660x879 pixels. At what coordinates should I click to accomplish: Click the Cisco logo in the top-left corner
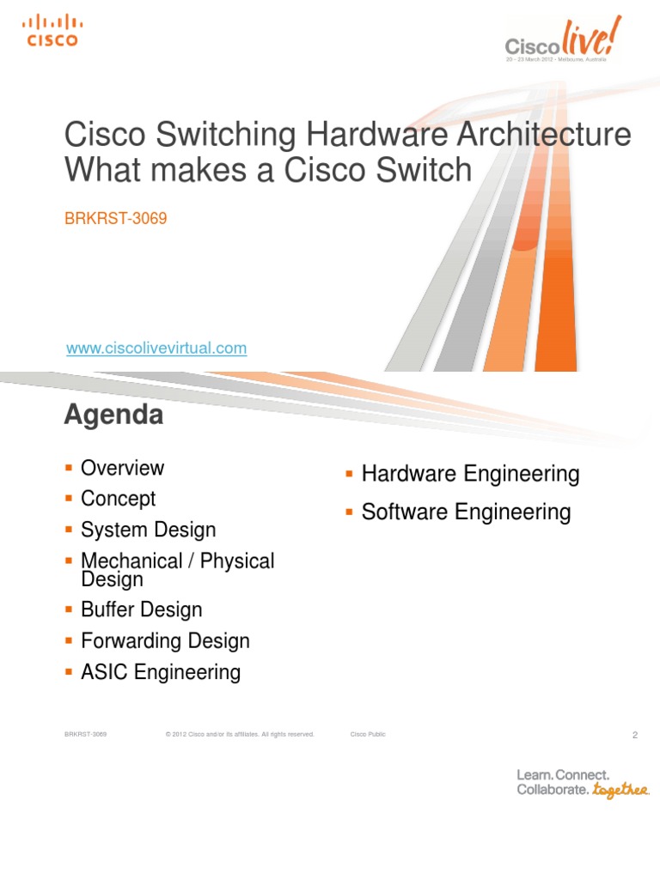point(51,30)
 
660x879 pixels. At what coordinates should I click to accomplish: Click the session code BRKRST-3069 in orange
point(116,218)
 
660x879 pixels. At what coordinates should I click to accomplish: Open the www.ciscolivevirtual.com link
point(156,349)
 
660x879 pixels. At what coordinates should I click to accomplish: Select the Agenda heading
point(113,415)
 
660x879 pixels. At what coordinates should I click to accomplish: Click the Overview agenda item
point(122,468)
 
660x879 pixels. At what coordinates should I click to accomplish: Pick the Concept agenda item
point(118,499)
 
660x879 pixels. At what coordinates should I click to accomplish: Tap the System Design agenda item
point(148,530)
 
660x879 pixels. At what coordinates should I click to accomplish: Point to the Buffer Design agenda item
point(141,610)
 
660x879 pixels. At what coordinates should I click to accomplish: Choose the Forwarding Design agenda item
point(165,641)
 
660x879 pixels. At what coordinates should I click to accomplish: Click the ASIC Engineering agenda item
point(161,672)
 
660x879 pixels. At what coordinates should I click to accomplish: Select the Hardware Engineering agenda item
point(470,474)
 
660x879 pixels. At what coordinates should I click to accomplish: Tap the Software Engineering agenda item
point(466,512)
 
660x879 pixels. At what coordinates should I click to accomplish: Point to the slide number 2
point(634,736)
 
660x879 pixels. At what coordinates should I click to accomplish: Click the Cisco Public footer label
point(368,735)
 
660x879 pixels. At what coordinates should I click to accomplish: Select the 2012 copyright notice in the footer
point(240,735)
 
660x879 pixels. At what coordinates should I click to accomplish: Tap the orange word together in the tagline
point(620,790)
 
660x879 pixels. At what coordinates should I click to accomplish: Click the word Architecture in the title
point(540,136)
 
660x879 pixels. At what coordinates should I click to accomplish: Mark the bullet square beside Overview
point(69,469)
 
